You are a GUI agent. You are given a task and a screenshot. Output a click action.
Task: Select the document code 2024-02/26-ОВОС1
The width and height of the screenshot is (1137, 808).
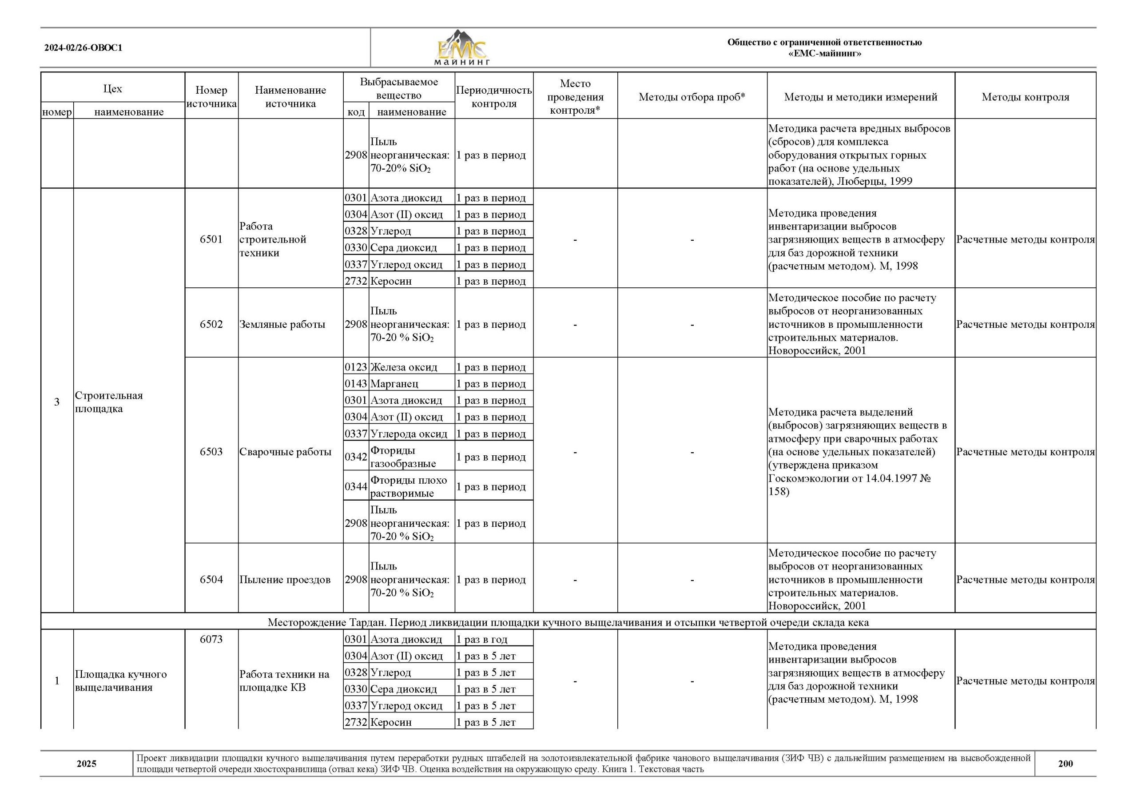tap(83, 48)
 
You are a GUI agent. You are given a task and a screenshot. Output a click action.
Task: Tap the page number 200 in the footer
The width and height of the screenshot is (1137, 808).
tap(1065, 763)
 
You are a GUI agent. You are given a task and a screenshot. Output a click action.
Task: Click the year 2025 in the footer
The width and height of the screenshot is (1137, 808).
tap(86, 763)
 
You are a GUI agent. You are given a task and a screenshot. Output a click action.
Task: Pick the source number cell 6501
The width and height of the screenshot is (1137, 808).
tap(211, 239)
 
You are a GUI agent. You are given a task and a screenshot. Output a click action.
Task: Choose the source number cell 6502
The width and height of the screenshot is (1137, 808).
tap(211, 324)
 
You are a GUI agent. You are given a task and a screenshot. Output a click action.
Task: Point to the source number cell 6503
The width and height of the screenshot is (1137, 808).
tap(211, 452)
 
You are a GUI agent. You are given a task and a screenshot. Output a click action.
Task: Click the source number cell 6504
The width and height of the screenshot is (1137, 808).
tap(211, 580)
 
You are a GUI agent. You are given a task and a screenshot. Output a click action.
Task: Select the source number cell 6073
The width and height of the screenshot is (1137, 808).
tap(211, 639)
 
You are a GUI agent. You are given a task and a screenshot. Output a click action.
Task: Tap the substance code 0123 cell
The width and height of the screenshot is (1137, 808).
tap(356, 367)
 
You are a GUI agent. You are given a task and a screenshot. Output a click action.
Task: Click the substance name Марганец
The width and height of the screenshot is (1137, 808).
tap(394, 384)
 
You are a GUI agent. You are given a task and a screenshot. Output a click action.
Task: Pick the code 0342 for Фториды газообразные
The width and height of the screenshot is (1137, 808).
tap(356, 457)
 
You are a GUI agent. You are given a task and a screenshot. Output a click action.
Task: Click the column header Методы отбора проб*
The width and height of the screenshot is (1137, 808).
tap(692, 97)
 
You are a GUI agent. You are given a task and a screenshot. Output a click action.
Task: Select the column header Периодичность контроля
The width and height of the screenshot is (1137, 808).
tap(493, 97)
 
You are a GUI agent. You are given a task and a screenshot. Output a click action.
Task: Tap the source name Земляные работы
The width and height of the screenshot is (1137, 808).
tap(282, 324)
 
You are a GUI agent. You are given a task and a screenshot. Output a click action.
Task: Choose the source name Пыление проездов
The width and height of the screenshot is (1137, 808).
tap(285, 580)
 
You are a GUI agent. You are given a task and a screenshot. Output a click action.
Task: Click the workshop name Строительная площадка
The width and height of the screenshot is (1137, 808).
tap(108, 402)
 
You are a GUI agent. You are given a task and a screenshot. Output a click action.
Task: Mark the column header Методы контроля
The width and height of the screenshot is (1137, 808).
tap(1025, 97)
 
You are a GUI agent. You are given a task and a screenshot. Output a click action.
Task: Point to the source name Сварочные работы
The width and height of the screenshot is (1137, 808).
tap(285, 452)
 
